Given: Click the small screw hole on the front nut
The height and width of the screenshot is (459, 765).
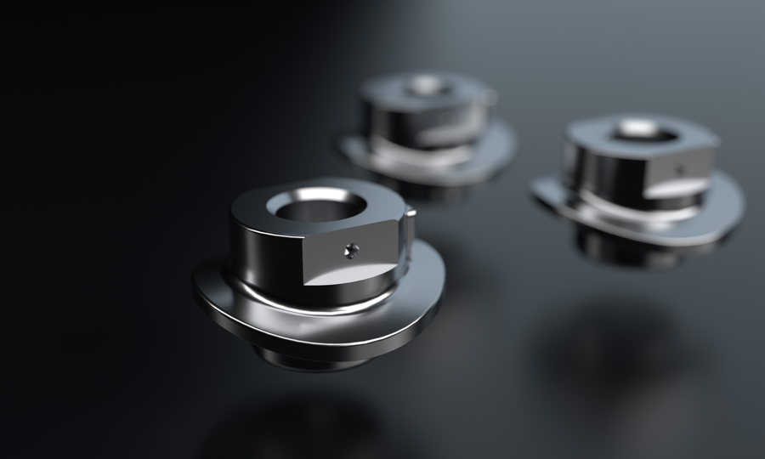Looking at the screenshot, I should (x=352, y=250).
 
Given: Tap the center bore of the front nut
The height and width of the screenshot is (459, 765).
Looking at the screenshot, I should (x=317, y=206).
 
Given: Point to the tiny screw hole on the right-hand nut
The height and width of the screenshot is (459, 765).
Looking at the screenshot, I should (x=679, y=169).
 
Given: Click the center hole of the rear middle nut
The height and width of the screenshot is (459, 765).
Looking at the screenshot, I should (x=425, y=85).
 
